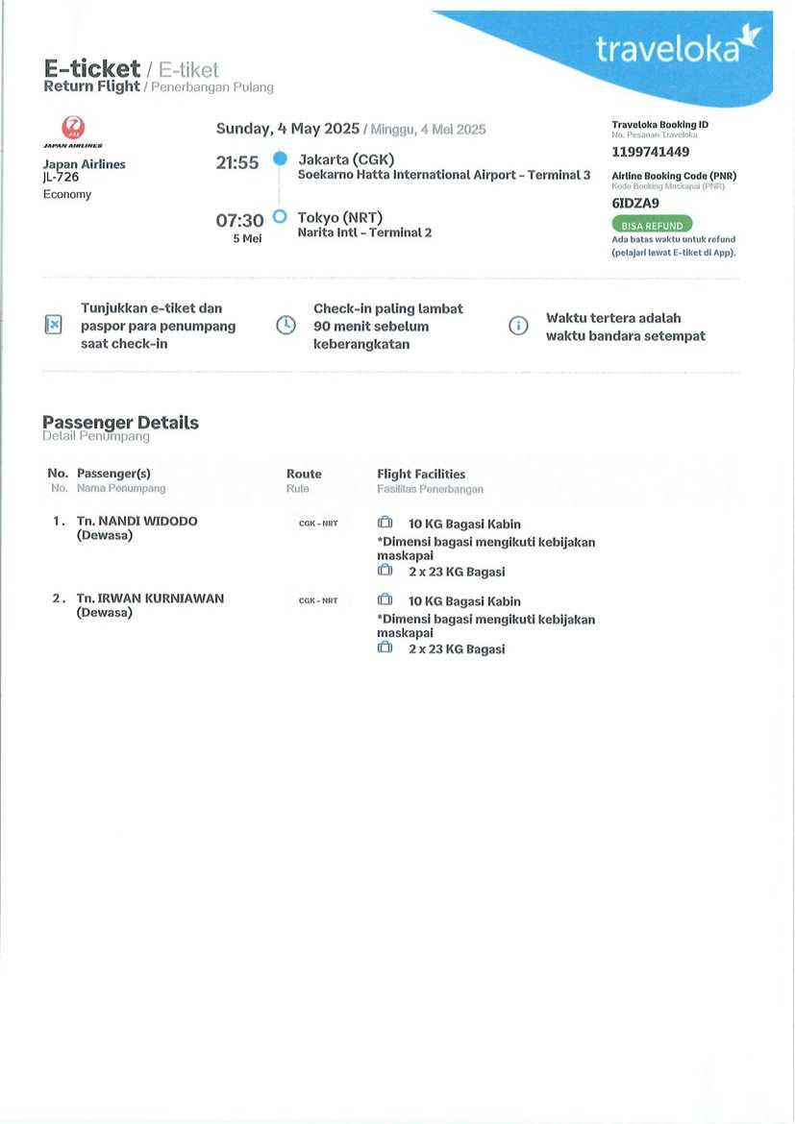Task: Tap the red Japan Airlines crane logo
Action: (73, 129)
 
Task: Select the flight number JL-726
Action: (61, 178)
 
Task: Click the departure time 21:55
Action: (237, 163)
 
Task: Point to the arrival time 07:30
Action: (239, 221)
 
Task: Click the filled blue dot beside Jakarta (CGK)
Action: (280, 159)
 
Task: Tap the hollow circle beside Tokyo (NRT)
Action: (280, 217)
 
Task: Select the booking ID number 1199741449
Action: (651, 152)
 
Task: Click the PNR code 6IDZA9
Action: (635, 203)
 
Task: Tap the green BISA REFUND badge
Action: (652, 226)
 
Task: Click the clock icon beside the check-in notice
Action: (286, 325)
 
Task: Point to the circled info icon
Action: (518, 326)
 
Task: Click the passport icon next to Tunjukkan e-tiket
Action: (54, 325)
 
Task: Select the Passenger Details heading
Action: (120, 423)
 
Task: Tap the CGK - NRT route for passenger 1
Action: (318, 524)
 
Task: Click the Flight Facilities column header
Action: (421, 475)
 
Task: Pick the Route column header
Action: (304, 475)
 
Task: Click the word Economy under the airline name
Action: (67, 195)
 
